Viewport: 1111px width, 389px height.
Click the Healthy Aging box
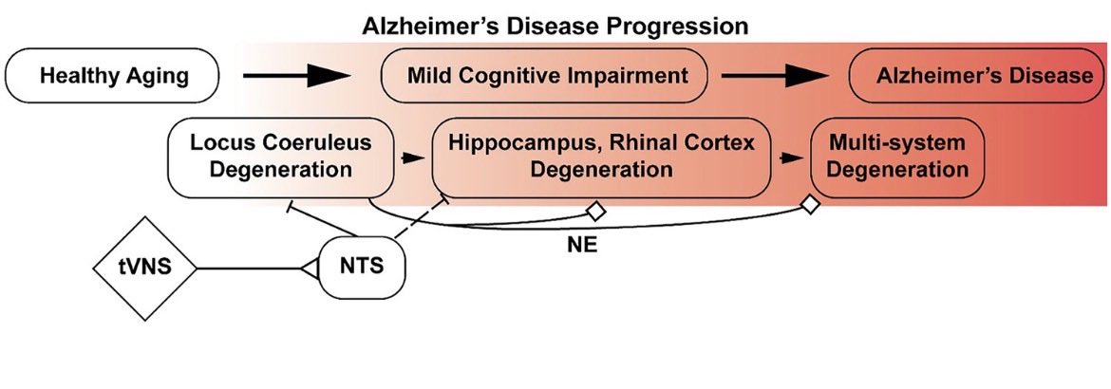(x=112, y=75)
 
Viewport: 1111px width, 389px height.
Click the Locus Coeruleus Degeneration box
(x=280, y=157)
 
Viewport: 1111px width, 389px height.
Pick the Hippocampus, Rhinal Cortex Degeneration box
(x=602, y=157)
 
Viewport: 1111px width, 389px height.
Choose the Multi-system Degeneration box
(x=897, y=157)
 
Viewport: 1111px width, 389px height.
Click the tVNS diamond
(x=144, y=269)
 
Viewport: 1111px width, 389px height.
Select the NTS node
(x=363, y=268)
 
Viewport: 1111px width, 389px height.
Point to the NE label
(x=582, y=245)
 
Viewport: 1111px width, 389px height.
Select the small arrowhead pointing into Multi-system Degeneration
(x=786, y=158)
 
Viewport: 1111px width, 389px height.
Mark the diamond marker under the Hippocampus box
(x=596, y=211)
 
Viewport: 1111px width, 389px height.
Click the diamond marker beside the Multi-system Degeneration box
(x=810, y=205)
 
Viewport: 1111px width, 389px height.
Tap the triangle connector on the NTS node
(x=309, y=269)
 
